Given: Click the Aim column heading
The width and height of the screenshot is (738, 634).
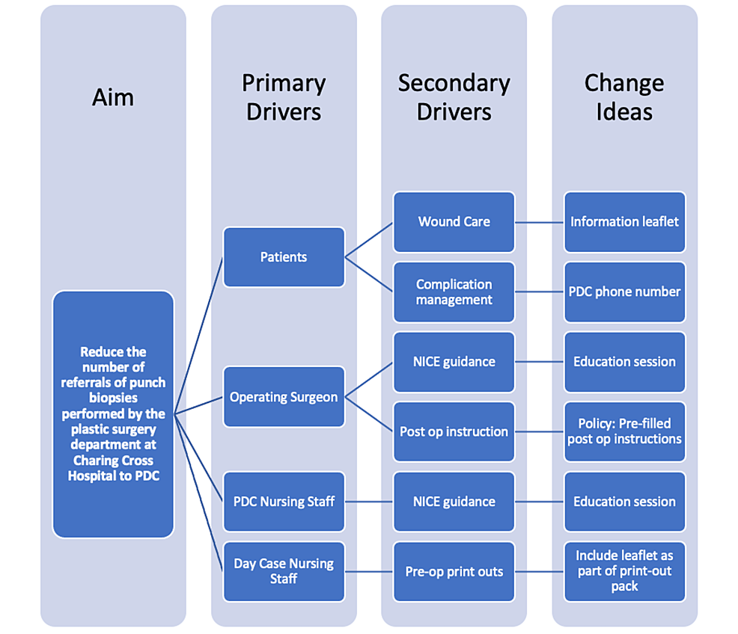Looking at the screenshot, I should [113, 97].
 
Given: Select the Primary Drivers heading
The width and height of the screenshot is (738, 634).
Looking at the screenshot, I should [284, 97].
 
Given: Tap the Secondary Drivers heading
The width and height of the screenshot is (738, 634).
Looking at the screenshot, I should [454, 97].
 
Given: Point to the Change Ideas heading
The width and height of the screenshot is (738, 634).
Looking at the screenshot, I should [624, 97].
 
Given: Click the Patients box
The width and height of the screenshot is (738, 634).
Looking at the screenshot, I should [284, 257].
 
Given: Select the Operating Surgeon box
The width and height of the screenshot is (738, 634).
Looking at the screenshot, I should [284, 397].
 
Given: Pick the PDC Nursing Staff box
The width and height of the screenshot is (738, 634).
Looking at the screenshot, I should [284, 502].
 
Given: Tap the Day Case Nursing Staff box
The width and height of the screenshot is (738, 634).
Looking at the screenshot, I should [284, 571].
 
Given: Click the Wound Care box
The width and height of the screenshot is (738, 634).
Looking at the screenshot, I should [454, 222].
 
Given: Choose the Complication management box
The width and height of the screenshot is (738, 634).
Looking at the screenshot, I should [454, 292].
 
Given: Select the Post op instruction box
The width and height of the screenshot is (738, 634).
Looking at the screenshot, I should [454, 431].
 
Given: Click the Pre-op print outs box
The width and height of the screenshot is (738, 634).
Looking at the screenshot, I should [454, 571].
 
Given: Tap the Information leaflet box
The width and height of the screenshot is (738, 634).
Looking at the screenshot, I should [624, 222].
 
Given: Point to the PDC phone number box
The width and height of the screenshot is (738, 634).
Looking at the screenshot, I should [624, 292].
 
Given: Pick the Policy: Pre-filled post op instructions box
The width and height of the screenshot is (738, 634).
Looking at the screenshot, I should [624, 431].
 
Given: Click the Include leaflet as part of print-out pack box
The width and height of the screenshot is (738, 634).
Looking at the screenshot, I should [624, 571].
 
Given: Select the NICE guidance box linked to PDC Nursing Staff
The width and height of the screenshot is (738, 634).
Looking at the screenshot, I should [454, 502].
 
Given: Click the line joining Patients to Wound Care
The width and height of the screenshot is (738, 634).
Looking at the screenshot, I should [369, 240].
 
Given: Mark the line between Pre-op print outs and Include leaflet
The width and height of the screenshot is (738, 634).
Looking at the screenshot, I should [539, 572].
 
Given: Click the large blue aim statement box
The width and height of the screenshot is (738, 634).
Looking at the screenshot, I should [113, 414].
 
